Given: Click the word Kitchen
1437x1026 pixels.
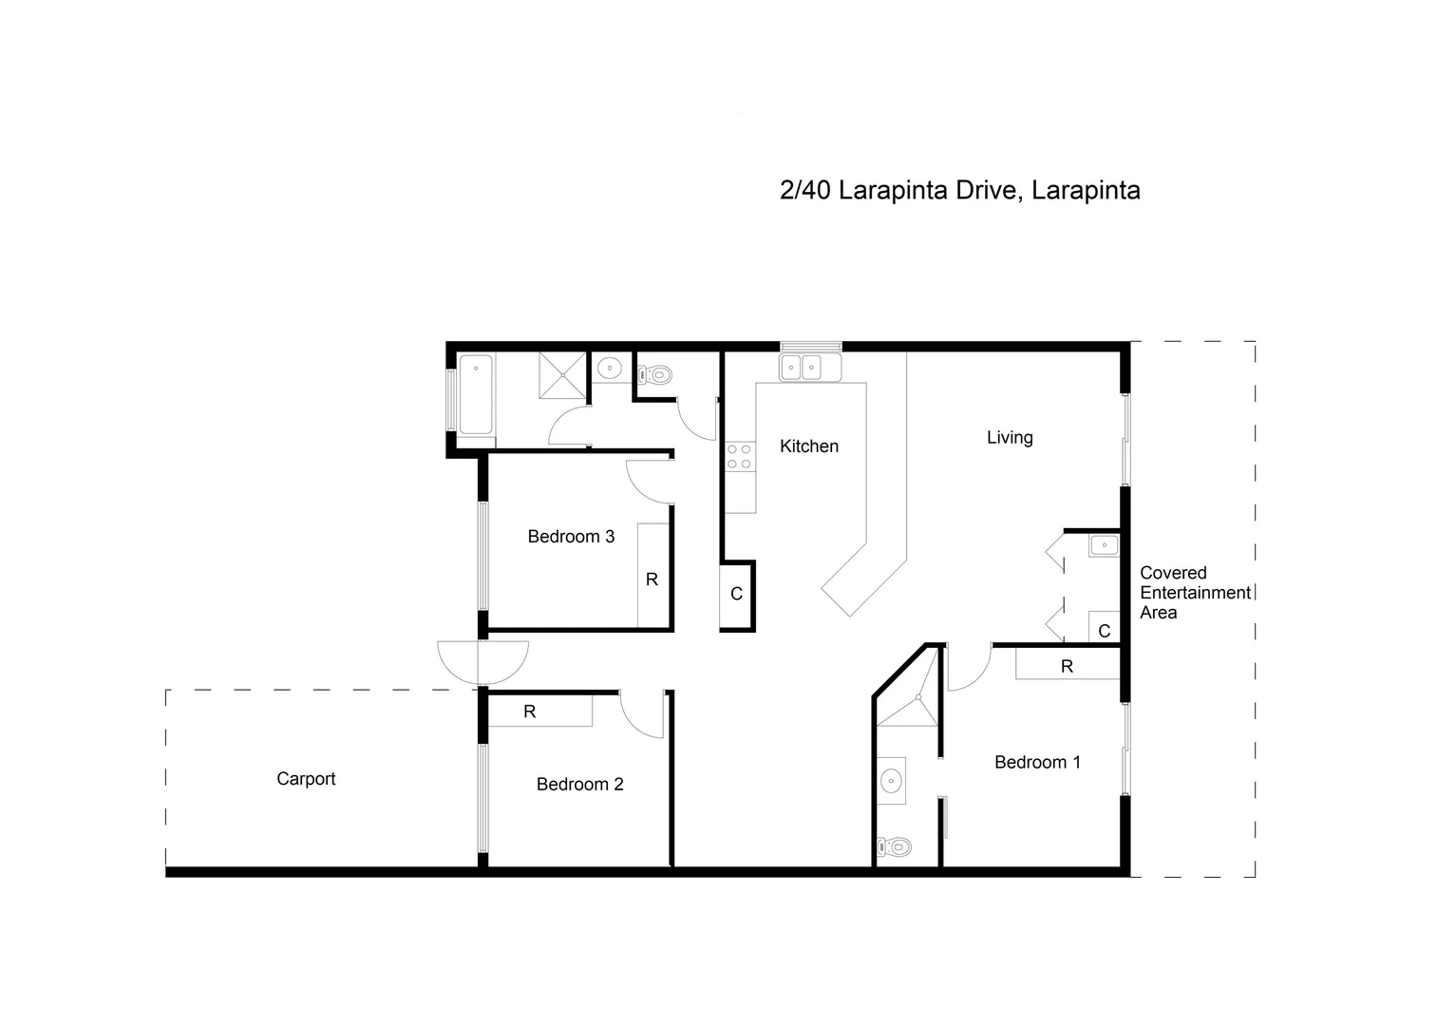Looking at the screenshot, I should point(808,446).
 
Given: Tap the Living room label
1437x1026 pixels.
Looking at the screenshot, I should point(1009,437).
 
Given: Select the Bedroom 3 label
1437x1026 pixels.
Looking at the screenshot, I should point(571,537).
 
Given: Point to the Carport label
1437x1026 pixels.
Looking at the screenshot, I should point(306,779).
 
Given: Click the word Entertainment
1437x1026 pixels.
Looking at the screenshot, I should point(1195,593).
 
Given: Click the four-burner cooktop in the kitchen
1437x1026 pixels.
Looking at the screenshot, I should point(739,456).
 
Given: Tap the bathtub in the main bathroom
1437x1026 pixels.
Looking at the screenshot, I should point(476,394).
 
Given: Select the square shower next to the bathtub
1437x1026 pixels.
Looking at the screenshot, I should point(563,374).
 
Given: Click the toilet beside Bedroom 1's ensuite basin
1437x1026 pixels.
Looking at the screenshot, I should point(894,846).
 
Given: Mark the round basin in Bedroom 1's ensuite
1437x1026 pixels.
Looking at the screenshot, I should point(891,781).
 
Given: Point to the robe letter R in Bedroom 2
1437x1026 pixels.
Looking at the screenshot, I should point(530,712).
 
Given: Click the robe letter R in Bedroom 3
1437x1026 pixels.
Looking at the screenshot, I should point(652,579).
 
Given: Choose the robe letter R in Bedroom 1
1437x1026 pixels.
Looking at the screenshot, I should point(1067,667).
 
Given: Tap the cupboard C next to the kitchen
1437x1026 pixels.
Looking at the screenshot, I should point(736,595).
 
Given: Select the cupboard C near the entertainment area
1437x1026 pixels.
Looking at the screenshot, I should point(1104,631).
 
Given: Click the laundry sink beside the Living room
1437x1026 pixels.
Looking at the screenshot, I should point(1104,545).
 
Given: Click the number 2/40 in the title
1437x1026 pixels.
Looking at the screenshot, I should point(804,190).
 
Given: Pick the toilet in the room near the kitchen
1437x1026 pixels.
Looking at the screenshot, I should point(656,375).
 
